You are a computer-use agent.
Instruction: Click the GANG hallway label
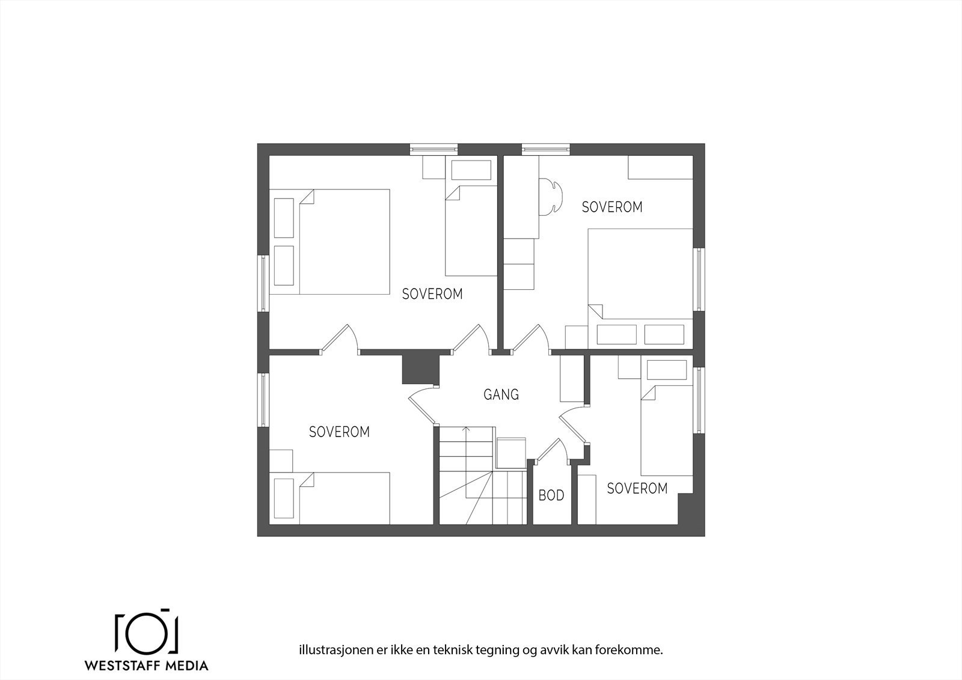click(501, 395)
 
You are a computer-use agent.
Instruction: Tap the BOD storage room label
click(551, 495)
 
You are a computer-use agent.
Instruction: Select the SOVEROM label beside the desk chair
click(612, 207)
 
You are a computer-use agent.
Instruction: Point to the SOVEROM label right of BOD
click(637, 488)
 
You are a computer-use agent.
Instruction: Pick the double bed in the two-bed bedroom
click(344, 242)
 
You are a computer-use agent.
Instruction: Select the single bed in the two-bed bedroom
click(471, 231)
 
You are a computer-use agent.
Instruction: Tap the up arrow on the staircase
click(465, 430)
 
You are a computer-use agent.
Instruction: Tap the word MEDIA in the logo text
click(187, 666)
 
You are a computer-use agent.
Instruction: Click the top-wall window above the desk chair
click(545, 147)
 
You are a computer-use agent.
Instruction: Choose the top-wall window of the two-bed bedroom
click(434, 147)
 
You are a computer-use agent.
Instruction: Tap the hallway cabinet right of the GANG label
click(572, 379)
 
